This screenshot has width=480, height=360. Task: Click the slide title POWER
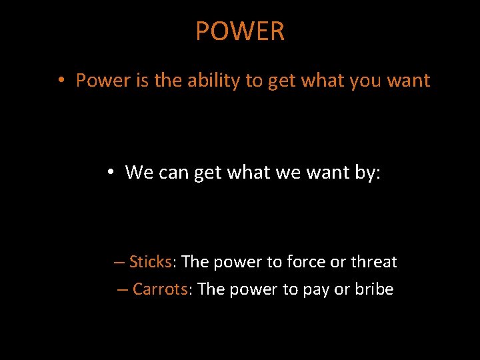(x=240, y=31)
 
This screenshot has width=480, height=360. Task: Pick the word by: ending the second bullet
(x=367, y=172)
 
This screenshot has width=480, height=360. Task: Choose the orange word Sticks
(x=151, y=262)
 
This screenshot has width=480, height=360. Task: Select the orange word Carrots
(x=160, y=289)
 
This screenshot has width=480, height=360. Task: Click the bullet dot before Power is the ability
(x=61, y=81)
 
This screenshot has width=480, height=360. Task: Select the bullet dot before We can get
(x=111, y=173)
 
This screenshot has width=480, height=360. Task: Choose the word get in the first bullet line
(x=281, y=81)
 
